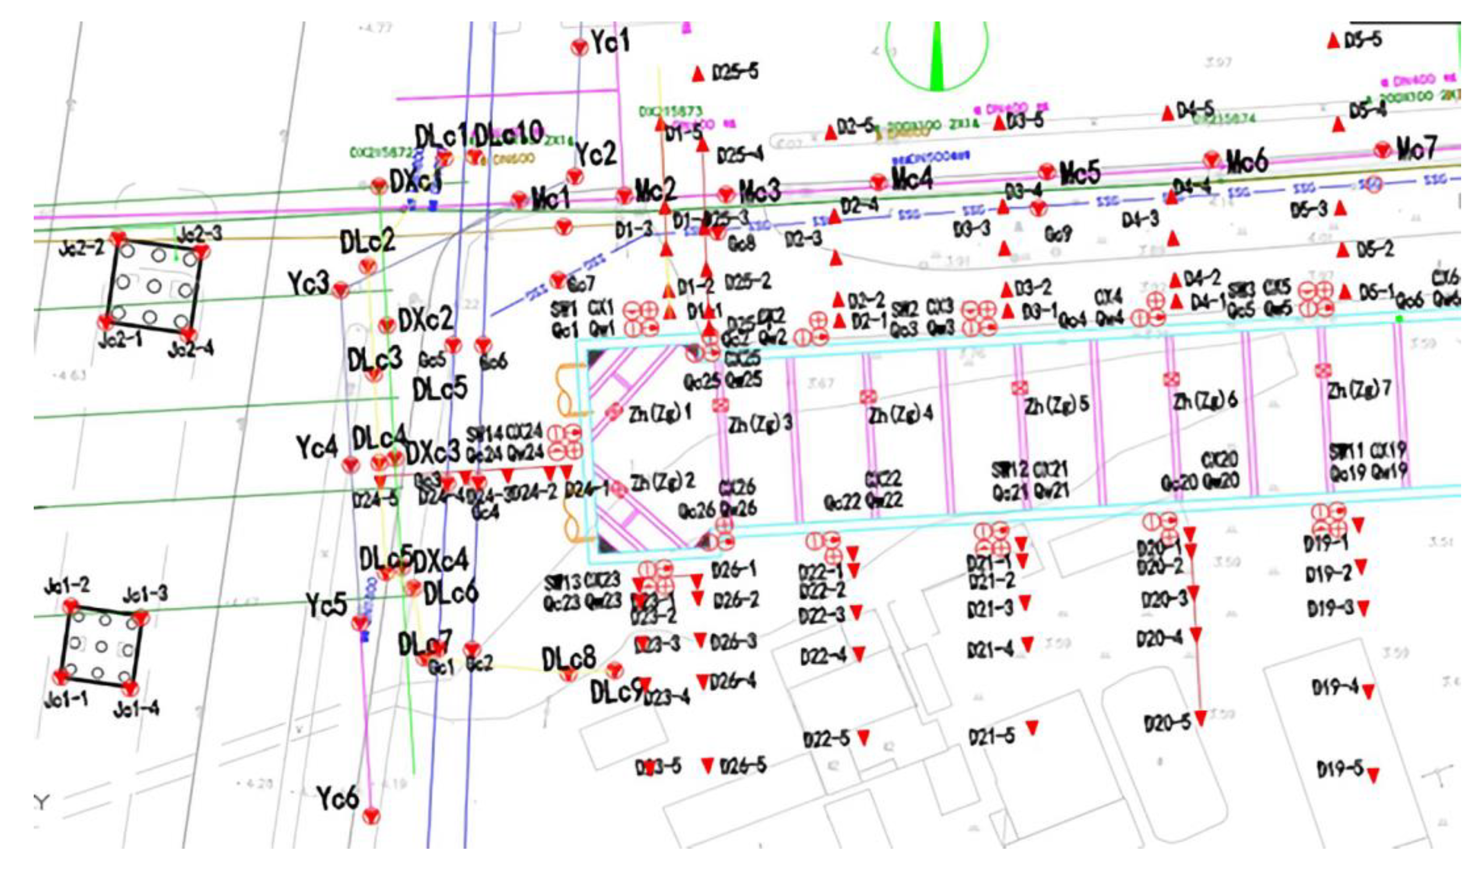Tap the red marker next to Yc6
(x=371, y=817)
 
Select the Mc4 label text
(x=912, y=177)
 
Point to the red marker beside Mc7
(x=1382, y=150)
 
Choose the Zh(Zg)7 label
(x=1359, y=390)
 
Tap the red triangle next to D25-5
(x=698, y=74)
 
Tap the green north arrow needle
(x=937, y=59)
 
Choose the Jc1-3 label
(x=145, y=594)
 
